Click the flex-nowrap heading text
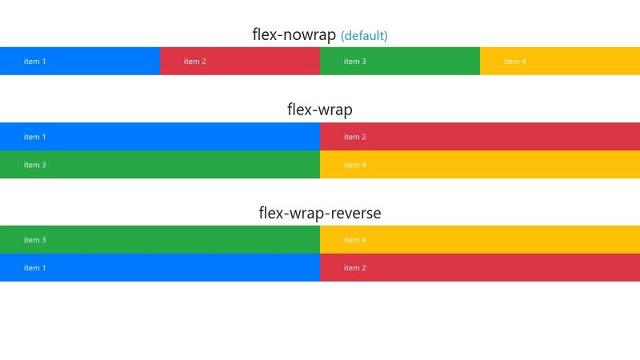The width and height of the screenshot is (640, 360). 294,34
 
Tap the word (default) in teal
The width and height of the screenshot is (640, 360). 364,36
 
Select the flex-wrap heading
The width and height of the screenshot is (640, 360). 319,110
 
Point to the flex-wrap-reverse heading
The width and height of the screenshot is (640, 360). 319,213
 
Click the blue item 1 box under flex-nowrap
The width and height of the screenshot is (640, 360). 80,62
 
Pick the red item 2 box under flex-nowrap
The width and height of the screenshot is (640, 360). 240,62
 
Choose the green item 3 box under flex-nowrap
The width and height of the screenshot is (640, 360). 400,62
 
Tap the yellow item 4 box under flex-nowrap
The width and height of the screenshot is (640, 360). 560,62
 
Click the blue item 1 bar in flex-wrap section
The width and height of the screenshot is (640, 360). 160,137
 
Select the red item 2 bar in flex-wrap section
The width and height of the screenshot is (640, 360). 480,137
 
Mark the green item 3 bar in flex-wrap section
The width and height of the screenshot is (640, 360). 160,165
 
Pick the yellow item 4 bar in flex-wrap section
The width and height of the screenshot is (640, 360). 480,165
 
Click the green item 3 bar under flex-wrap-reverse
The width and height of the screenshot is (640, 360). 160,239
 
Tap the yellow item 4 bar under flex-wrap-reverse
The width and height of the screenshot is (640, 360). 480,239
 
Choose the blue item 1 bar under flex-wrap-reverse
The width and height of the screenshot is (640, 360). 160,267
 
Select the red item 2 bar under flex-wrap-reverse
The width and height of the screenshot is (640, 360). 480,267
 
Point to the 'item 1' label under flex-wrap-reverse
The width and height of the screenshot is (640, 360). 34,268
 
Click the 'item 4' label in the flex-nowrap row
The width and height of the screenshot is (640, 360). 514,62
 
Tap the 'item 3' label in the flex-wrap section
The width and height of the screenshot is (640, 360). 34,165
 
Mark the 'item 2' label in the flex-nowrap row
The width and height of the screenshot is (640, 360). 194,62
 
